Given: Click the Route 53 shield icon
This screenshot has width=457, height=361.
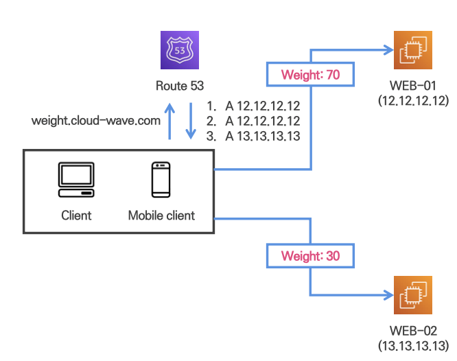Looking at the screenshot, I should pyautogui.click(x=180, y=50).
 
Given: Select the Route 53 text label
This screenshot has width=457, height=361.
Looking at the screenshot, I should pyautogui.click(x=180, y=86).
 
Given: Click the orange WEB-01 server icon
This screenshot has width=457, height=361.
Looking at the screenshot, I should pyautogui.click(x=413, y=50).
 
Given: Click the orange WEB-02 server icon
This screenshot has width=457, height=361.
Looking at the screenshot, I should pyautogui.click(x=413, y=296).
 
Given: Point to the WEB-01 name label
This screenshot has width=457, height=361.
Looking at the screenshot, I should pyautogui.click(x=413, y=86).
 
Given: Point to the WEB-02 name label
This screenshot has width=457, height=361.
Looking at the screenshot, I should pyautogui.click(x=413, y=331).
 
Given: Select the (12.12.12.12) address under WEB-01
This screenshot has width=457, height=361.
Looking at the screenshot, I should pyautogui.click(x=413, y=100).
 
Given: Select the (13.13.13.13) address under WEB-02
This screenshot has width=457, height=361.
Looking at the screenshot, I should pyautogui.click(x=413, y=345).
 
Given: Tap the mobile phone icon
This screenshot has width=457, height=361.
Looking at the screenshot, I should pyautogui.click(x=161, y=180).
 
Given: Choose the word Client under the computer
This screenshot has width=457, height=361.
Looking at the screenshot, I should pyautogui.click(x=75, y=216).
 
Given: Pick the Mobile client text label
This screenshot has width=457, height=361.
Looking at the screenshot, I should pyautogui.click(x=161, y=216).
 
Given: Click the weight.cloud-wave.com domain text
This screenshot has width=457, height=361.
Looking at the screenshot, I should pyautogui.click(x=96, y=121).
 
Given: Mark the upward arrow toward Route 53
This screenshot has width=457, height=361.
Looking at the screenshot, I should pyautogui.click(x=170, y=121).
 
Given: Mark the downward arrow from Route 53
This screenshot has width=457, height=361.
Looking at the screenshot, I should pyautogui.click(x=190, y=121).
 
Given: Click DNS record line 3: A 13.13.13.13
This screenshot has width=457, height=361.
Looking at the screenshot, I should pyautogui.click(x=254, y=136).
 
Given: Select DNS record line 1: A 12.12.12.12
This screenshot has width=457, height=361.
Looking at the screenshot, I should pyautogui.click(x=254, y=106).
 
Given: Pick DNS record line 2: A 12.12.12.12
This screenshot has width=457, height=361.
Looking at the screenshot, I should pyautogui.click(x=254, y=121).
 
